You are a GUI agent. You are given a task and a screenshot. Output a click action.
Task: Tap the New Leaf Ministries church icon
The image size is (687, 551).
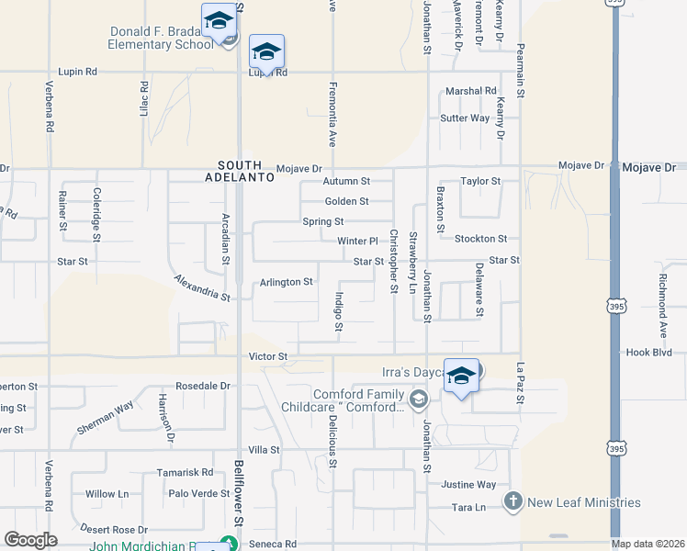click(512, 501)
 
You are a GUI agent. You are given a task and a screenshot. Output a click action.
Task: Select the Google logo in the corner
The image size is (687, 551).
click(31, 540)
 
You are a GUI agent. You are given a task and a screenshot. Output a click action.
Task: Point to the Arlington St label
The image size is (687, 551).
click(286, 282)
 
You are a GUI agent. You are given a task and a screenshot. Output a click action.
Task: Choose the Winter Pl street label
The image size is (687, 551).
click(357, 242)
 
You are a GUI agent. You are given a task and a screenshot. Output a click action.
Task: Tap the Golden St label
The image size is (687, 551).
click(346, 202)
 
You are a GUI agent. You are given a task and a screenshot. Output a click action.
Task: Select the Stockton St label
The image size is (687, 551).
click(480, 239)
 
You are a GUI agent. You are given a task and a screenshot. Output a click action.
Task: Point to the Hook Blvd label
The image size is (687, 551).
click(649, 352)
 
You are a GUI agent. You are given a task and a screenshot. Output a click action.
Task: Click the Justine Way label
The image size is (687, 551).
click(468, 484)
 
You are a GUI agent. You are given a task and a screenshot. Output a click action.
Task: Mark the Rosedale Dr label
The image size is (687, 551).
click(202, 386)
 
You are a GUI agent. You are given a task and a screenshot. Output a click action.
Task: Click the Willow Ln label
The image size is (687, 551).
click(107, 493)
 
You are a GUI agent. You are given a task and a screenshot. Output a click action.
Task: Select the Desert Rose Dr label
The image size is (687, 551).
click(114, 529)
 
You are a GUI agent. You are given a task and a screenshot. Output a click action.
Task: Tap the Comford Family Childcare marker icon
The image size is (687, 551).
click(419, 398)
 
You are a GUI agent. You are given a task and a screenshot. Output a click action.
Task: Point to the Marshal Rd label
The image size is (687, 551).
click(470, 91)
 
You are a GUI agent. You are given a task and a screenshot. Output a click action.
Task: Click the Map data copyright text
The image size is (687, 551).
click(647, 544)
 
